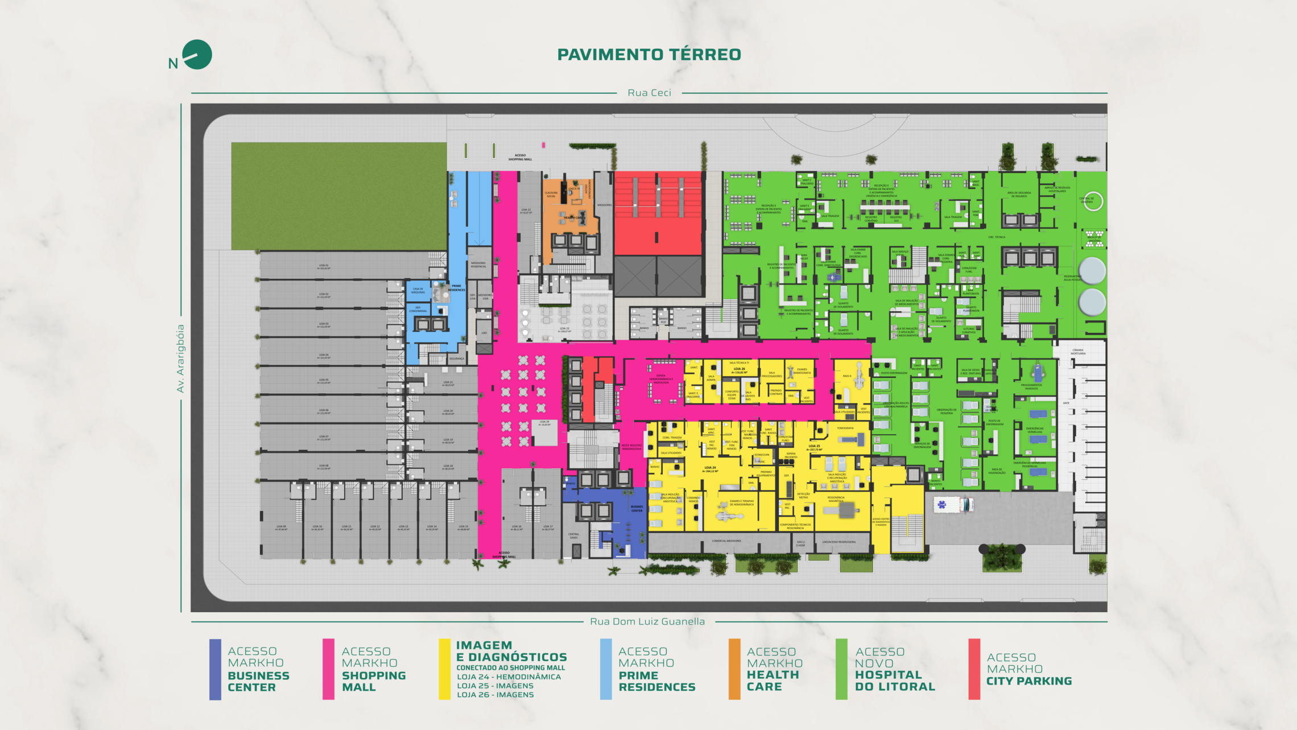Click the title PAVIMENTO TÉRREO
pyautogui.click(x=648, y=55)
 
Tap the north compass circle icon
pyautogui.click(x=197, y=55)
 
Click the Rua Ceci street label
pyautogui.click(x=649, y=93)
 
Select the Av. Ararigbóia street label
pyautogui.click(x=180, y=358)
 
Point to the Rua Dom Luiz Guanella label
pyautogui.click(x=647, y=621)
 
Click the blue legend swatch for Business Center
pyautogui.click(x=215, y=669)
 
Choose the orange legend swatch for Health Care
pyautogui.click(x=734, y=669)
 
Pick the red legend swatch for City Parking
pyautogui.click(x=974, y=669)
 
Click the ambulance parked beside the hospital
pyautogui.click(x=954, y=505)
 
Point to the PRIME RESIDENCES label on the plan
pyautogui.click(x=456, y=288)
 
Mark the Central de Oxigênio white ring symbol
pyautogui.click(x=1093, y=201)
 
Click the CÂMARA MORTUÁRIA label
pyautogui.click(x=1077, y=352)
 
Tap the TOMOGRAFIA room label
pyautogui.click(x=845, y=428)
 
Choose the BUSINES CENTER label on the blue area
pyautogui.click(x=637, y=508)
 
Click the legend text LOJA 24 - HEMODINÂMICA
pyautogui.click(x=509, y=677)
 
